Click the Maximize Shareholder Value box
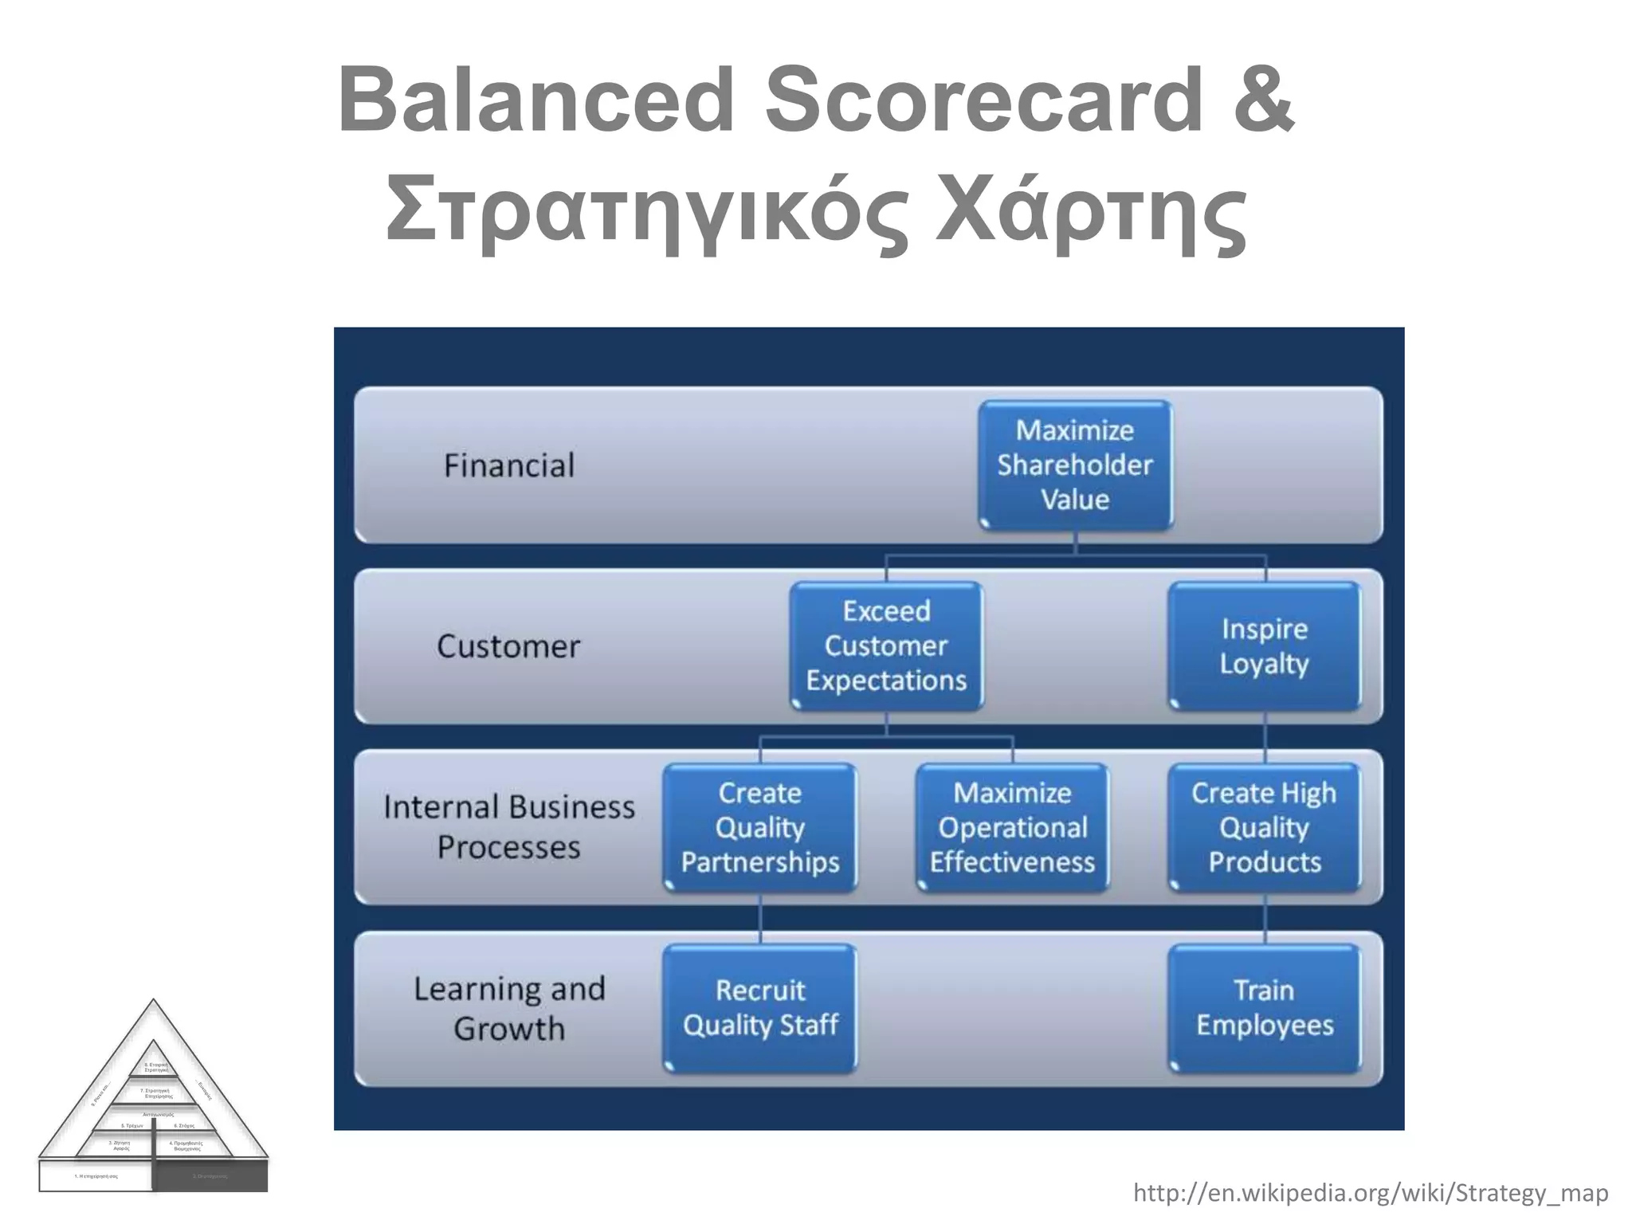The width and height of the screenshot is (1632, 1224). (1075, 465)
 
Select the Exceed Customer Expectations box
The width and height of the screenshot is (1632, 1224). (886, 646)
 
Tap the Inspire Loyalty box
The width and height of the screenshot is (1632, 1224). (1265, 646)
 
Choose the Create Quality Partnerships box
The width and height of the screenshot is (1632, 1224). (760, 828)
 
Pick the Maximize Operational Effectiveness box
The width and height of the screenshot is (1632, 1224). (1012, 828)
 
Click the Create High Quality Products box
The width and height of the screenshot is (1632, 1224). (1265, 828)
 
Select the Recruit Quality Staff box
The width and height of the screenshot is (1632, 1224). (760, 1008)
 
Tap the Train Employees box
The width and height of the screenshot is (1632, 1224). (1265, 1008)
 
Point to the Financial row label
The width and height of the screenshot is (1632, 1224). (508, 465)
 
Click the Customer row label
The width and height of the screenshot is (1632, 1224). (508, 646)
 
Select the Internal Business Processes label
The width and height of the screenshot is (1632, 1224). (508, 827)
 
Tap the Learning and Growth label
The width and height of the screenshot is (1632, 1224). (508, 1008)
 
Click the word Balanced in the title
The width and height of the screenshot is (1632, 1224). (535, 101)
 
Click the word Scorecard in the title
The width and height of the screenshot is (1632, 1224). (983, 101)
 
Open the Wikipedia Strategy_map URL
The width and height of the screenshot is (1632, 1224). (1371, 1193)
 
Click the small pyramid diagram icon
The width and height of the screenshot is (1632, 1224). (154, 1108)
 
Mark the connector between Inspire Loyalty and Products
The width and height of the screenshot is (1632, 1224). (1265, 738)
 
